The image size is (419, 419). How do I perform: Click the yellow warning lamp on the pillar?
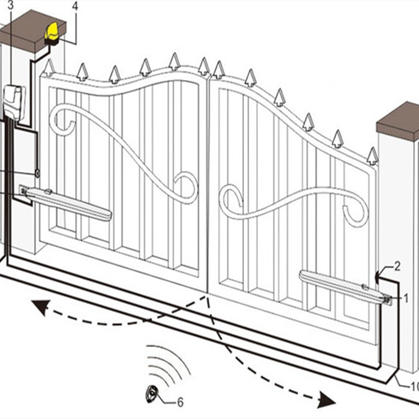tap(53, 32)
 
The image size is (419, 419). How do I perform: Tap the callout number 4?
tap(74, 6)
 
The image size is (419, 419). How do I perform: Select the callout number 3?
tap(11, 6)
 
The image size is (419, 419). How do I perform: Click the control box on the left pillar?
tap(14, 102)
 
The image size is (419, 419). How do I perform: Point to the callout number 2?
tap(397, 267)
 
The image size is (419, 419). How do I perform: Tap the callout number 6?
tap(180, 402)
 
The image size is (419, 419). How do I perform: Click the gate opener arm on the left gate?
tap(68, 204)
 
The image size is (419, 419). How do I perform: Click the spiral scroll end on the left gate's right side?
tap(186, 186)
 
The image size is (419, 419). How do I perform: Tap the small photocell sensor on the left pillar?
tap(37, 172)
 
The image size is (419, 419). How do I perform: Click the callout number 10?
tap(413, 387)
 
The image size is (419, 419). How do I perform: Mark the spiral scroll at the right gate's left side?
tap(230, 199)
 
